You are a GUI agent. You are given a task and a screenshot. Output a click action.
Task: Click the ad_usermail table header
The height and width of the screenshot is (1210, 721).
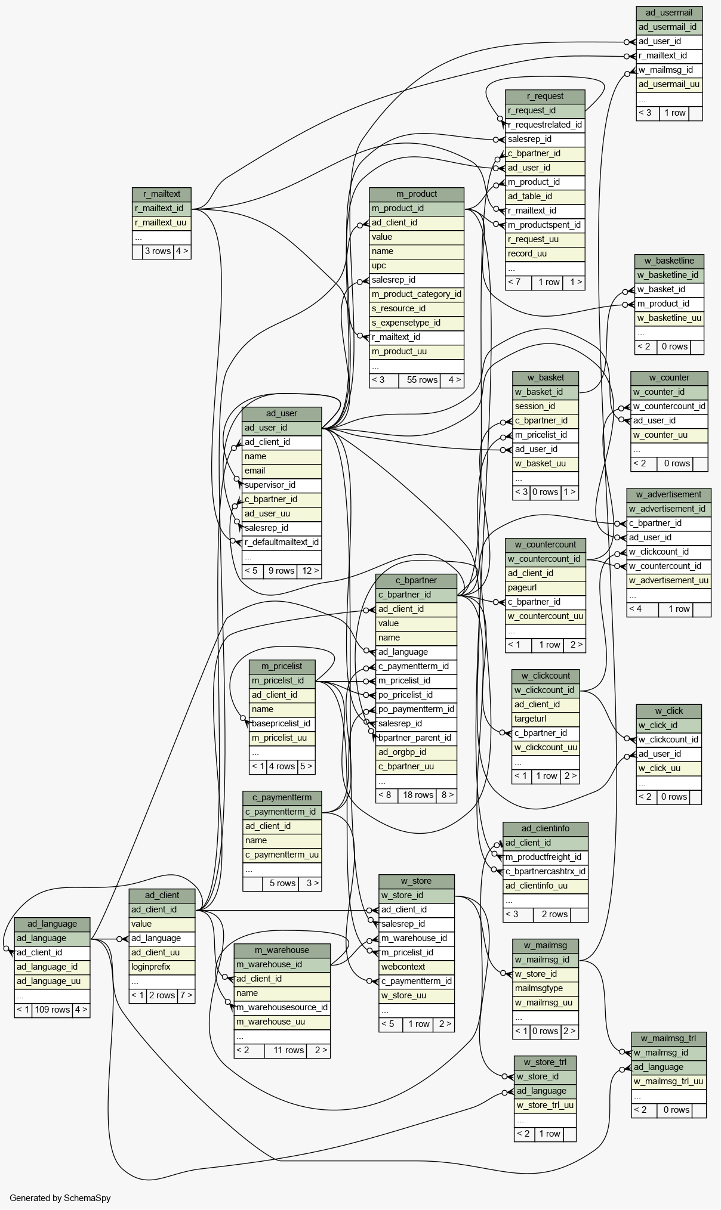click(x=669, y=13)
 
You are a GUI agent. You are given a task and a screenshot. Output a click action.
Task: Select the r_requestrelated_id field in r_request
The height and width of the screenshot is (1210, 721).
click(x=545, y=125)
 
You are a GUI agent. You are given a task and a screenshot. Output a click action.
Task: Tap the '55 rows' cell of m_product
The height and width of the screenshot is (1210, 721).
click(x=423, y=380)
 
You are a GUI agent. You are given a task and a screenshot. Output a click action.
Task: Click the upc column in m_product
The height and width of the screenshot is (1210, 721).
click(x=417, y=265)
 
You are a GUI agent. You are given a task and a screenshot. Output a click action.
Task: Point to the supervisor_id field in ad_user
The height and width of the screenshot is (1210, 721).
click(x=282, y=485)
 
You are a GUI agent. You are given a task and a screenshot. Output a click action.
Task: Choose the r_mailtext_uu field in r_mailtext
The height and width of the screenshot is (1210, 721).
click(x=161, y=222)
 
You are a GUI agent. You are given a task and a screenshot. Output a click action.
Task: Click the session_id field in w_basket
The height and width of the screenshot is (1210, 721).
click(x=546, y=406)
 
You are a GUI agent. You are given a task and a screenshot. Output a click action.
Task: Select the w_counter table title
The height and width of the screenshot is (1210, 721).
click(x=669, y=377)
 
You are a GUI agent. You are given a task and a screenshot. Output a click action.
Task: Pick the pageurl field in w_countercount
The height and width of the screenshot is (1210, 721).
click(x=546, y=587)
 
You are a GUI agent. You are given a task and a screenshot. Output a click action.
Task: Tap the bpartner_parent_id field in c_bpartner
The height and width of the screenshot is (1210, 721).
click(x=416, y=738)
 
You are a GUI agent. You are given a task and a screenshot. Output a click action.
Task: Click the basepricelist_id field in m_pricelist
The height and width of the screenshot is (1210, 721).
click(x=282, y=723)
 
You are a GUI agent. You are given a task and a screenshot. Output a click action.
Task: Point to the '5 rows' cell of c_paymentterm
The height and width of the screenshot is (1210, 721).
click(x=282, y=883)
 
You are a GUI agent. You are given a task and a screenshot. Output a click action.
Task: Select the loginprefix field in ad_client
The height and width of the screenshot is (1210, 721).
click(x=162, y=967)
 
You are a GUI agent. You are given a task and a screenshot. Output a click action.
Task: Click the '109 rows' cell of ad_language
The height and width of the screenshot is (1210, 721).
click(x=53, y=1010)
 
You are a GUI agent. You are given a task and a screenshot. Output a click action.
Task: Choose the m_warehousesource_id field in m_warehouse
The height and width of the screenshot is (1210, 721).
click(x=282, y=1007)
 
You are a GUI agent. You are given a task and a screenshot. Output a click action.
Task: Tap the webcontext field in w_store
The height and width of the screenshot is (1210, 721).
click(x=417, y=967)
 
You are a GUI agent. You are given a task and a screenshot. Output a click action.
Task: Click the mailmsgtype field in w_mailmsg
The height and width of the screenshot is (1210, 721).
click(x=546, y=988)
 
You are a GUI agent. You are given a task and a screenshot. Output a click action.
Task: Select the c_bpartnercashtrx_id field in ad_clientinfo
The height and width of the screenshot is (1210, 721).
click(x=546, y=871)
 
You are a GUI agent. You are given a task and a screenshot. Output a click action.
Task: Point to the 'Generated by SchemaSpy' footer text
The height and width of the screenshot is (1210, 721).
click(x=60, y=1197)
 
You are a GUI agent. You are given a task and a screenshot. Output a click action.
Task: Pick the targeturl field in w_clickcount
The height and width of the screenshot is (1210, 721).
click(x=546, y=719)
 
